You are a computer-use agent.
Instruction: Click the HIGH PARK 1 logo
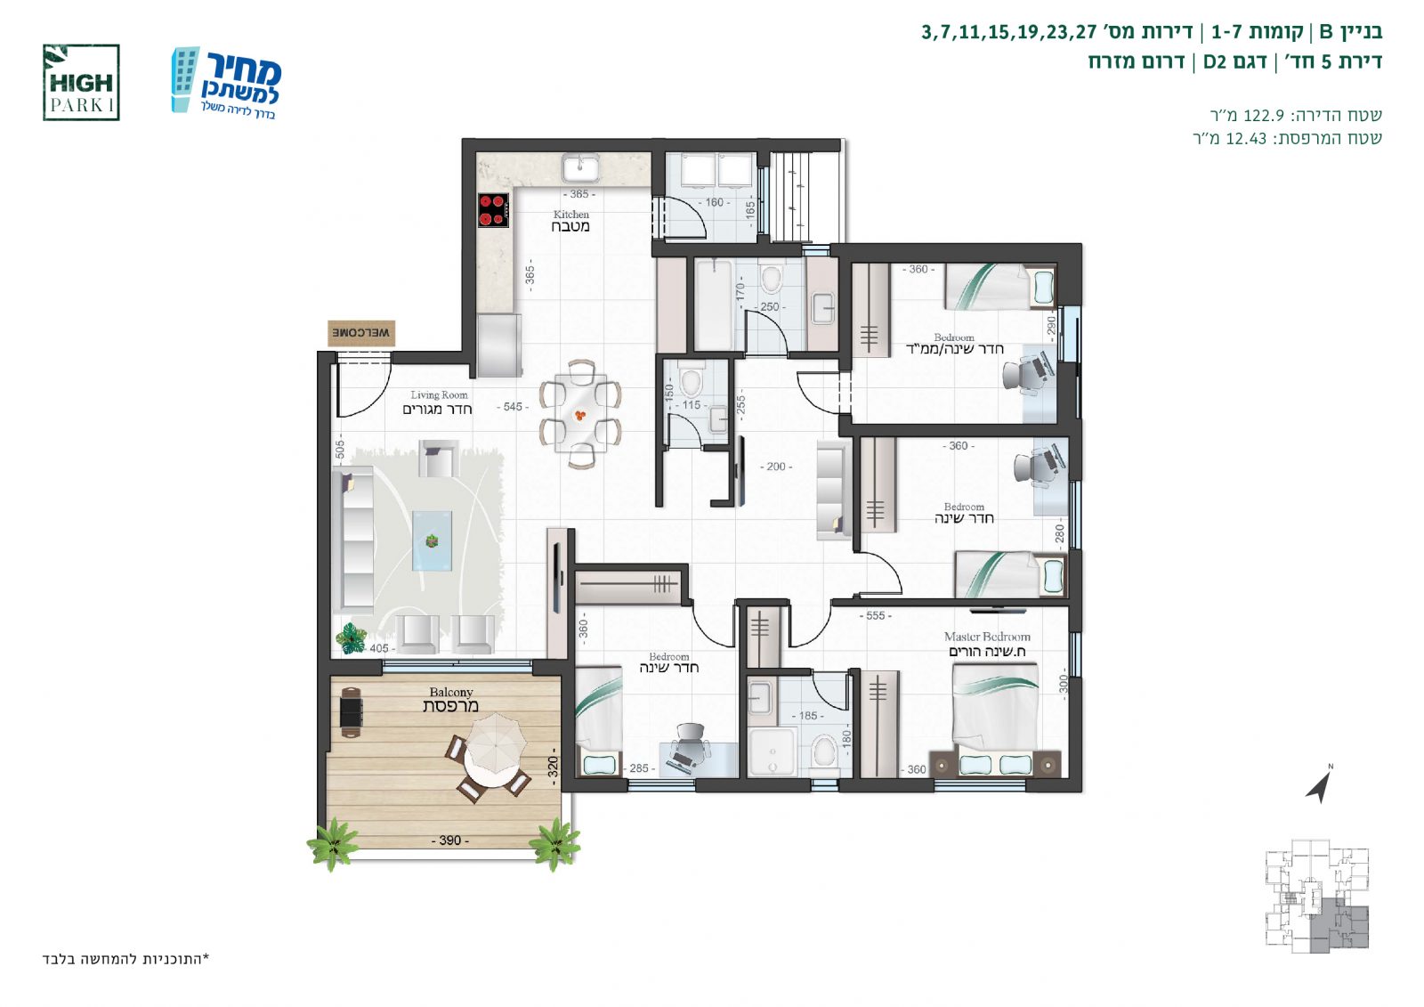(81, 83)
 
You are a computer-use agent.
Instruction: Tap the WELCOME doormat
(361, 333)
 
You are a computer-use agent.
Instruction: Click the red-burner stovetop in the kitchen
(493, 210)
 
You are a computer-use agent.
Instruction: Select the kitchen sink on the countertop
(580, 168)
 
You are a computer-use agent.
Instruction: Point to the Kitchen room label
(570, 221)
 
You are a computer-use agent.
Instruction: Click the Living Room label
(438, 402)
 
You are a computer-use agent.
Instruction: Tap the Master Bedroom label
(987, 644)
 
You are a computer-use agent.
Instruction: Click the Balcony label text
(450, 699)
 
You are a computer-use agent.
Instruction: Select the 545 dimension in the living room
(513, 407)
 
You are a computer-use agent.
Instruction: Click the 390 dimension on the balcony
(450, 841)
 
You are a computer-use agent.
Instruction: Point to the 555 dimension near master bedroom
(876, 616)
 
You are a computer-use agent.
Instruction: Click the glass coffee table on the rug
(433, 540)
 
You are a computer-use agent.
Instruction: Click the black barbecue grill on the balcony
(351, 711)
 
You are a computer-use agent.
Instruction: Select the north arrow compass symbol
(1319, 784)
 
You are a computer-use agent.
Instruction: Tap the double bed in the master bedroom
(996, 719)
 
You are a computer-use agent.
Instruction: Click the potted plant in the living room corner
(351, 638)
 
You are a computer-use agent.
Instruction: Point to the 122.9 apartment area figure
(1264, 115)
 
